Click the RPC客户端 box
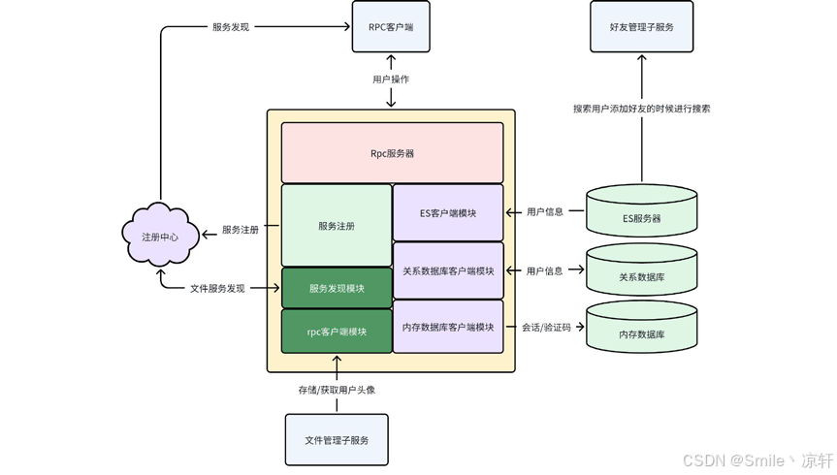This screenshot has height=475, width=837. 391,27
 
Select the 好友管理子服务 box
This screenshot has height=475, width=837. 642,27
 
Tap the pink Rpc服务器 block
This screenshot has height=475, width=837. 392,153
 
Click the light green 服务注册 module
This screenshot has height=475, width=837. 337,226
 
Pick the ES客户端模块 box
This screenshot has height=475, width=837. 448,213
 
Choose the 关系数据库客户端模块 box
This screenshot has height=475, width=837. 448,270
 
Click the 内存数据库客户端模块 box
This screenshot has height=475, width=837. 448,328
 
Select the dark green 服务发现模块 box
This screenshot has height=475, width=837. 337,288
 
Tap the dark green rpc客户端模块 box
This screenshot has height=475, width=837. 337,332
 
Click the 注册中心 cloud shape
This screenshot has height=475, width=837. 160,237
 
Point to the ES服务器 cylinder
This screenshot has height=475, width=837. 642,214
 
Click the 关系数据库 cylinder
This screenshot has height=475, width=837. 642,273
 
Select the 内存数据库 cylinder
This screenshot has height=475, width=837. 642,331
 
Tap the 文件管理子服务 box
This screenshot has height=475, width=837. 337,440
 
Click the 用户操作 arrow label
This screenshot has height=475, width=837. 391,79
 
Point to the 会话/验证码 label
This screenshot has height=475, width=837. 545,328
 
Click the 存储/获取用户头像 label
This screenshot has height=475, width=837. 337,390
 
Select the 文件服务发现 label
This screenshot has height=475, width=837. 217,288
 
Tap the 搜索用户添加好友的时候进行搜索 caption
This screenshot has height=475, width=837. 641,109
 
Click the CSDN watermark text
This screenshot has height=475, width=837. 757,460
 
